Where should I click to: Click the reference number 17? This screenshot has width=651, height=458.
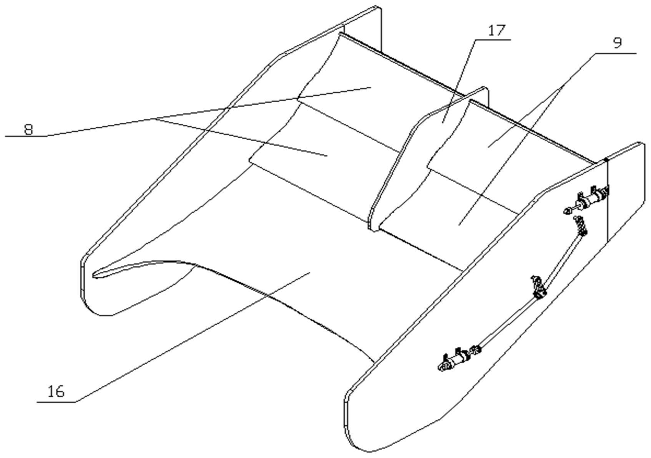click(x=497, y=31)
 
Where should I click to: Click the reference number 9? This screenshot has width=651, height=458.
click(x=617, y=43)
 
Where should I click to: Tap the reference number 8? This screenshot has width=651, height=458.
click(x=28, y=129)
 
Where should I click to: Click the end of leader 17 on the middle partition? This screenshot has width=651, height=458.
click(x=442, y=123)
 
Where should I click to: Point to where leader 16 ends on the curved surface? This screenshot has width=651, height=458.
click(x=311, y=272)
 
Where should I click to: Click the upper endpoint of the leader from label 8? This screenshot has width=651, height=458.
click(x=371, y=87)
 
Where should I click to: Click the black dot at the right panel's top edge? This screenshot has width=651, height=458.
click(x=606, y=159)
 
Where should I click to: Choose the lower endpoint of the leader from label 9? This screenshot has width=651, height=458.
click(x=459, y=225)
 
